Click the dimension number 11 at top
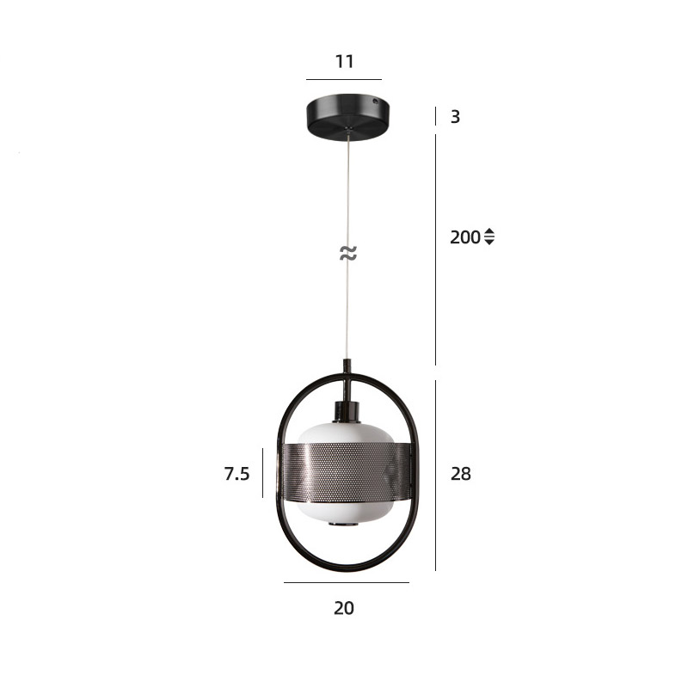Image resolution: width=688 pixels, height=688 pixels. [345, 61]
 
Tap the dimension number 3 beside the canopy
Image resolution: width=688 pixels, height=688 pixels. [456, 117]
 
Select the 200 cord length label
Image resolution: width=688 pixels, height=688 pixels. [465, 237]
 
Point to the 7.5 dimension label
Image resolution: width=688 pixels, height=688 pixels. [237, 474]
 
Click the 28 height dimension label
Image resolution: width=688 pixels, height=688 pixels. [461, 474]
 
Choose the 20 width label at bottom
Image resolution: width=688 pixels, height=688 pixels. [344, 608]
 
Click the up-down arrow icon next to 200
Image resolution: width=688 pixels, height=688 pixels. [489, 237]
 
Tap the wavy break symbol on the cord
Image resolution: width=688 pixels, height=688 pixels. [348, 253]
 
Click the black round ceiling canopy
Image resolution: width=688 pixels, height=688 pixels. [347, 117]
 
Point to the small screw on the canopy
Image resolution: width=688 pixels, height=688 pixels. [375, 101]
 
